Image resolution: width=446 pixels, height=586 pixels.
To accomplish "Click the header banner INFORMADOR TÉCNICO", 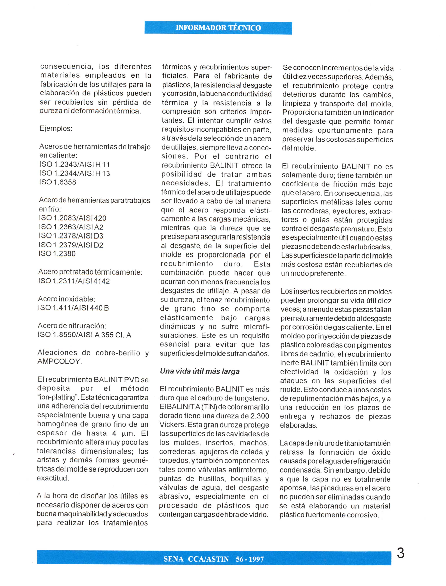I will pyautogui.click(x=218, y=28).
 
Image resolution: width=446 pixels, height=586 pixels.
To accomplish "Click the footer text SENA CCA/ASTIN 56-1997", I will pyautogui.click(x=214, y=559).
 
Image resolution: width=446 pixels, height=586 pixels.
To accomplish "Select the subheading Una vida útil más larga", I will pyautogui.click(x=200, y=371).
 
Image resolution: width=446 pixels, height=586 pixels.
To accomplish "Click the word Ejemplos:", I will pyautogui.click(x=56, y=129).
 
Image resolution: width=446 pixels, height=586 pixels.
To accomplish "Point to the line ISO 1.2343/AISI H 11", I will pyautogui.click(x=75, y=165).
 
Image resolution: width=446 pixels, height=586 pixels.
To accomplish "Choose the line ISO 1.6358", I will pyautogui.click(x=58, y=182).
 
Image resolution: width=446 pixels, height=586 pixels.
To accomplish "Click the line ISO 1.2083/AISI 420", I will pyautogui.click(x=72, y=218).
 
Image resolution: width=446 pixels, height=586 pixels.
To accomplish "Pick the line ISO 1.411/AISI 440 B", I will pyautogui.click(x=73, y=308).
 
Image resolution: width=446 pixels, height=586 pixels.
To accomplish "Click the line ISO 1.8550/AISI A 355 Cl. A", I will pyautogui.click(x=84, y=335).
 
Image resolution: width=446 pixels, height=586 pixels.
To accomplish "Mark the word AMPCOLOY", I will pyautogui.click(x=60, y=362).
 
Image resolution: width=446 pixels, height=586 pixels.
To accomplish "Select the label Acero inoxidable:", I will pyautogui.click(x=66, y=299).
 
